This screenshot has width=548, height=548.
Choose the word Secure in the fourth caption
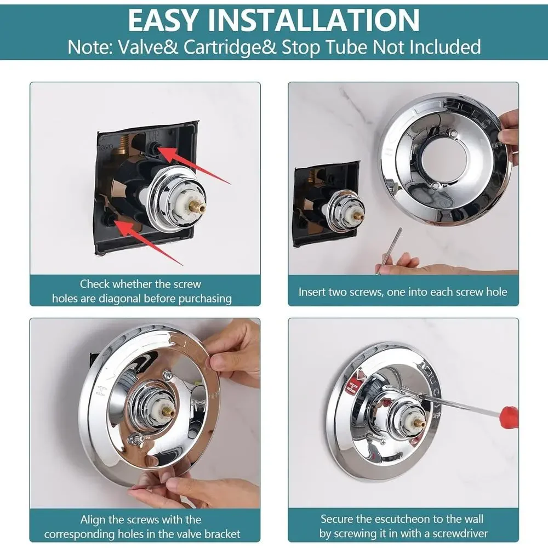tap(337, 519)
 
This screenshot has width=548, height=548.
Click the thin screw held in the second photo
tap(389, 249)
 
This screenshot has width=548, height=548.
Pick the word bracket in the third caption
tap(222, 534)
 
